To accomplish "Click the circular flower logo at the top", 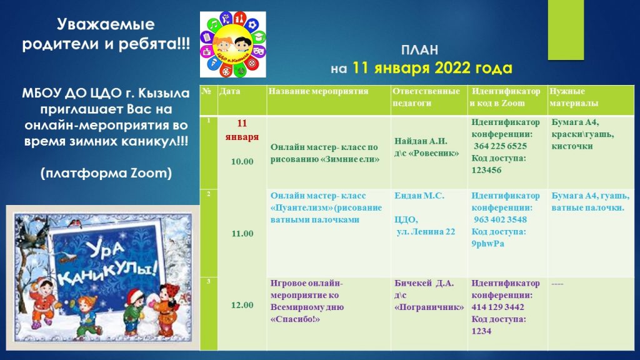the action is pyautogui.click(x=232, y=44).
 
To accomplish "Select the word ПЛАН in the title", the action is pyautogui.click(x=419, y=50).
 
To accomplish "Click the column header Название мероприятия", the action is pyautogui.click(x=318, y=91).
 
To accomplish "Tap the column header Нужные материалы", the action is pyautogui.click(x=574, y=97).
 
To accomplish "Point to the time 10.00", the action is pyautogui.click(x=242, y=161).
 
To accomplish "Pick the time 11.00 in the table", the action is pyautogui.click(x=242, y=234).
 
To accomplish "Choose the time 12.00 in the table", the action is pyautogui.click(x=242, y=305).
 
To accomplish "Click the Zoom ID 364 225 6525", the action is pyautogui.click(x=500, y=146).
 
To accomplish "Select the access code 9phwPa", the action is pyautogui.click(x=487, y=244).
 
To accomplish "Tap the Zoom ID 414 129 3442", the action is pyautogui.click(x=497, y=307).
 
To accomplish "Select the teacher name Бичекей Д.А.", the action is pyautogui.click(x=424, y=283).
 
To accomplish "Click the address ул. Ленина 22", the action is pyautogui.click(x=425, y=232).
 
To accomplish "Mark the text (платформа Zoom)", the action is pyautogui.click(x=106, y=173).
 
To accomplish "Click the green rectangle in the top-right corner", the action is pyautogui.click(x=566, y=30).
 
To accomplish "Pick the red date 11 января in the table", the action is pyautogui.click(x=242, y=130).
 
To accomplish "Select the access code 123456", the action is pyautogui.click(x=486, y=170).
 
